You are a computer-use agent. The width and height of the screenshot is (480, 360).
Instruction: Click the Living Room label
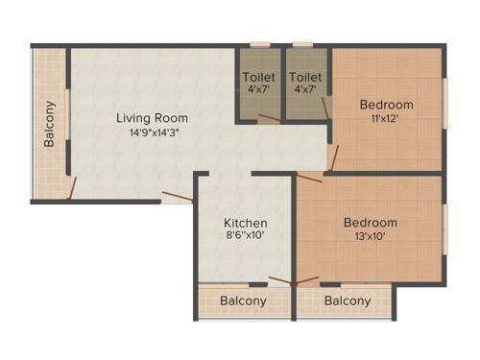(150, 118)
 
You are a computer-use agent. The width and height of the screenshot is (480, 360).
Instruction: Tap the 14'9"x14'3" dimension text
(150, 132)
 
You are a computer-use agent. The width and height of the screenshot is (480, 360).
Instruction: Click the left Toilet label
(258, 77)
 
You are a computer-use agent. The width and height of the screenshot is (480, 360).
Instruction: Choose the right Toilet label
(305, 77)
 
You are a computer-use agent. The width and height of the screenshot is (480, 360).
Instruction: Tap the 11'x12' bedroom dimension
(386, 120)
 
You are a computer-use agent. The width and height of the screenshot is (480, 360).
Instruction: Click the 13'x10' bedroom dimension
(370, 237)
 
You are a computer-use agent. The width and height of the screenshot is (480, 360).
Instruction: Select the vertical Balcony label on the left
(50, 123)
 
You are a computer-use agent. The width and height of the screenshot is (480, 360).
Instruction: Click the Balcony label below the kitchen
(243, 300)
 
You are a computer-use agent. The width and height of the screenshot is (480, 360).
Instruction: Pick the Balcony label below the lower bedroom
(347, 300)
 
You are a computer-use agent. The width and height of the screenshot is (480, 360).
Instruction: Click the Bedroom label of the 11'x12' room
(386, 105)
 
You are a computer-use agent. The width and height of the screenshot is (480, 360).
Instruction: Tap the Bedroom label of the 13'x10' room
(370, 223)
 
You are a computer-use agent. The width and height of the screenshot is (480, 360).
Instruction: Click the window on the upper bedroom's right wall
(445, 103)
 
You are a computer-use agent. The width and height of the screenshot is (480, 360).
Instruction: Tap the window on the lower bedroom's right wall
(445, 228)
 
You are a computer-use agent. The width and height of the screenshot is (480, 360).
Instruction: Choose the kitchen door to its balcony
(280, 281)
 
